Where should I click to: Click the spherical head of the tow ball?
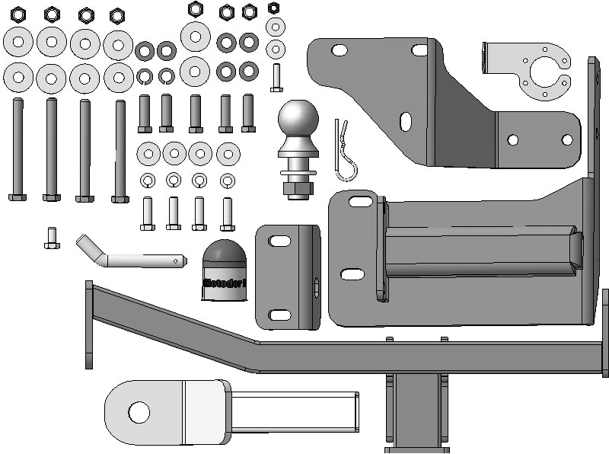click(298, 120)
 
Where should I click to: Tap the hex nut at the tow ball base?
click(298, 187)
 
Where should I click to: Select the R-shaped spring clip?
click(346, 152)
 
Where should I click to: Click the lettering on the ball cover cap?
click(224, 284)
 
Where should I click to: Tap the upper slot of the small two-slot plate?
click(279, 241)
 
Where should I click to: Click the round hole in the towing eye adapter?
click(139, 412)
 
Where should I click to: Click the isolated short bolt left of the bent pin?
click(52, 238)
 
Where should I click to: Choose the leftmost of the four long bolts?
click(18, 149)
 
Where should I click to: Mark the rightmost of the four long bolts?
click(120, 151)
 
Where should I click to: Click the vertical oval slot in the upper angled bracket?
click(406, 121)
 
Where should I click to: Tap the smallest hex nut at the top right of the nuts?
click(274, 8)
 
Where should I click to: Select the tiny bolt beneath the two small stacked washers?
click(276, 78)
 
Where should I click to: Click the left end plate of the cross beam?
click(89, 324)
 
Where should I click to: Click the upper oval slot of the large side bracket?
click(361, 202)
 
